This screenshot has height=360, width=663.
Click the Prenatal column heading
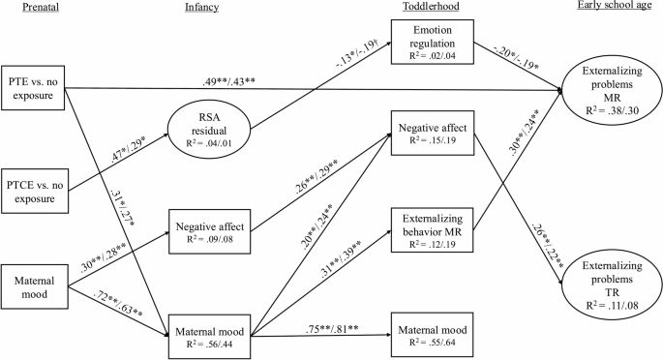(x=26, y=9)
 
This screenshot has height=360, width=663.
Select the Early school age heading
(x=610, y=9)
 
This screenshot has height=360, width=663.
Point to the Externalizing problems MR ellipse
(x=610, y=93)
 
